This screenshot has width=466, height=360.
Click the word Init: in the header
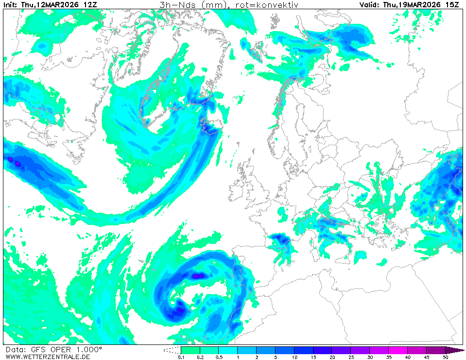pos(11,5)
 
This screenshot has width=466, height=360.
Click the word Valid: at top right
pos(370,5)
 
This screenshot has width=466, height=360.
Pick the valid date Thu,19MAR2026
pos(412,5)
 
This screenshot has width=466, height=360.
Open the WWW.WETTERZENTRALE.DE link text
pos(48,357)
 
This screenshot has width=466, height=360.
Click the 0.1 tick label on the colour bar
pos(181,357)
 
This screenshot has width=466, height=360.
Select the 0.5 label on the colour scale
pos(218,357)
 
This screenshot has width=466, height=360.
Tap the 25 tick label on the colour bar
pos(351,357)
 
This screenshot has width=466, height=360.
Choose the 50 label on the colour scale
pos(445,357)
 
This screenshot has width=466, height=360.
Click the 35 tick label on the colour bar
pos(389,357)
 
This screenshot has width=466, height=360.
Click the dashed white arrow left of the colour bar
pos(172,350)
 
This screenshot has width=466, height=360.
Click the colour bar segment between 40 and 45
pos(416,350)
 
